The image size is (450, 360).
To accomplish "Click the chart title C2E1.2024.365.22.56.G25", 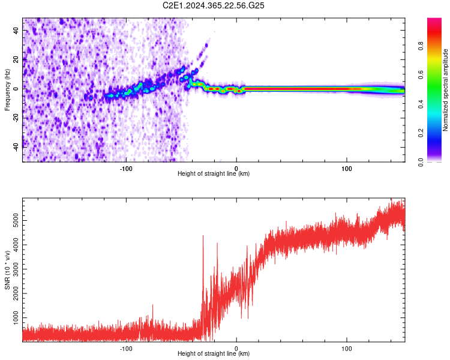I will [x=214, y=5].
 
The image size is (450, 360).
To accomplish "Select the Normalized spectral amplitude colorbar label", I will [x=445, y=90].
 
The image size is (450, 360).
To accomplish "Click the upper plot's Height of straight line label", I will [x=214, y=174].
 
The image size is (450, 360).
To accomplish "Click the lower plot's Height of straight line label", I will [x=214, y=354].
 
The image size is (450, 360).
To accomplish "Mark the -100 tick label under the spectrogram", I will [x=126, y=168].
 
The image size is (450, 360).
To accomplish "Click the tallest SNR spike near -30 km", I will [x=203, y=236].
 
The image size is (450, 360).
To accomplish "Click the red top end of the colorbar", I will [x=434, y=21].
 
